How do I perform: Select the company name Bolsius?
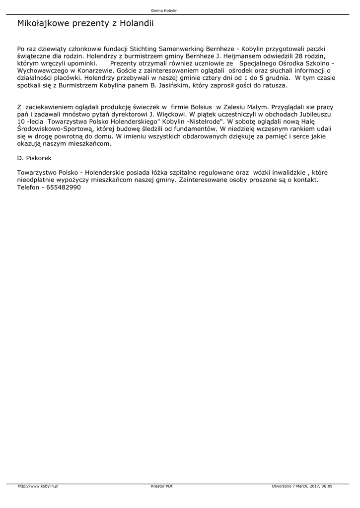[198, 107]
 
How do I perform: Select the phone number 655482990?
[65, 188]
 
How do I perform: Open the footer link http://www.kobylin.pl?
[38, 486]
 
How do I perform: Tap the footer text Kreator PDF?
[162, 486]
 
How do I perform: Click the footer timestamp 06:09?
[326, 486]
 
